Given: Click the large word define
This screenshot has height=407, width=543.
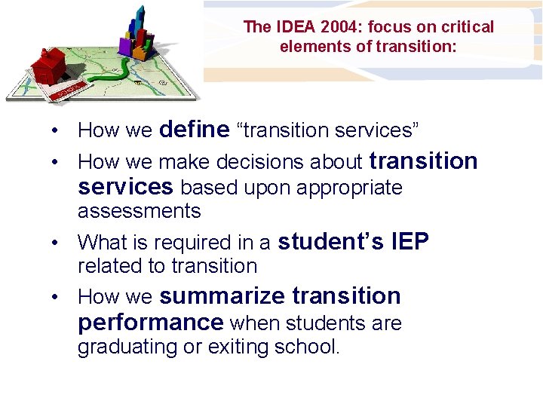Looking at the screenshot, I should [194, 130].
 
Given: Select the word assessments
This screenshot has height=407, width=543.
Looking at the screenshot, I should [139, 211].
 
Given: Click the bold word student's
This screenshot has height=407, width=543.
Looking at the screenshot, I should [333, 241].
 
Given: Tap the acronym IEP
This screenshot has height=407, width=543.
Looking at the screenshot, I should [411, 241].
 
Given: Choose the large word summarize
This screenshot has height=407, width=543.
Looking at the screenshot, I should [222, 295].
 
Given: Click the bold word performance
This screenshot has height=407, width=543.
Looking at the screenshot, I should [150, 323].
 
